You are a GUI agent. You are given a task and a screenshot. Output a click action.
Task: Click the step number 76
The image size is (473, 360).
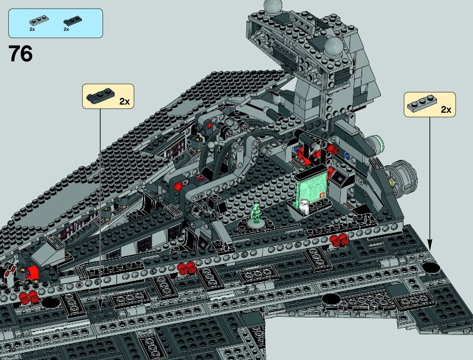(x=21, y=54)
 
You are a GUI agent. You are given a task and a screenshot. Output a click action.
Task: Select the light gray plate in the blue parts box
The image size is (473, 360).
(x=36, y=22)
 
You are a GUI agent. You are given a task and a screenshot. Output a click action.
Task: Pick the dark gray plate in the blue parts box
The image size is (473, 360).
(x=70, y=22)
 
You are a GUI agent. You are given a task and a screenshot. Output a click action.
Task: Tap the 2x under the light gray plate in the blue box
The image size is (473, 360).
(x=32, y=29)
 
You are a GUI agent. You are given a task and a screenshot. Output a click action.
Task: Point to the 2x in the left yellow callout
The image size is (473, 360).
(x=124, y=102)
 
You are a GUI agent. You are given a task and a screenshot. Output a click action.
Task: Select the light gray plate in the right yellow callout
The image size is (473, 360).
(x=422, y=104)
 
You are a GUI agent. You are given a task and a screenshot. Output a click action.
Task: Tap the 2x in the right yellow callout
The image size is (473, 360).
(x=446, y=109)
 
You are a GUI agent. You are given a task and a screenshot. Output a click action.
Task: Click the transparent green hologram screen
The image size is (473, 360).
(x=311, y=187)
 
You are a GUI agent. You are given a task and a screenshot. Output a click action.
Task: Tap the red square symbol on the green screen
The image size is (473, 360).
(x=322, y=195)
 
